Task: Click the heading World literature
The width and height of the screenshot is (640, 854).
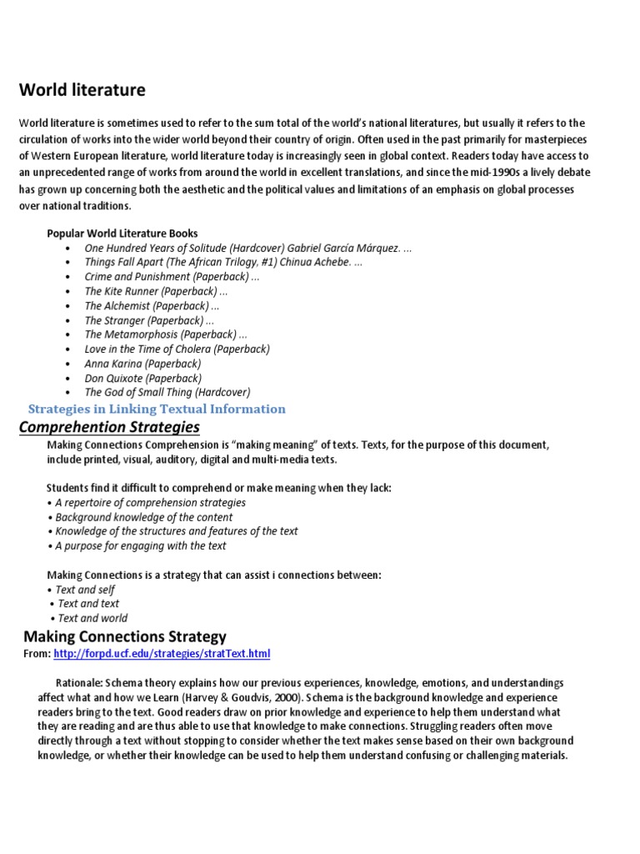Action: click(82, 89)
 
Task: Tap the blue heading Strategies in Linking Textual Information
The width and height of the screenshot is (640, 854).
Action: click(157, 409)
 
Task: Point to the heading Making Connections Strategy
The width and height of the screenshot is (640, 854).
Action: click(124, 636)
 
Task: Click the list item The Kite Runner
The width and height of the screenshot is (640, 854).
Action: click(156, 291)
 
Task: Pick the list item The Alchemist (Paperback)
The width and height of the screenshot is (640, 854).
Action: click(152, 306)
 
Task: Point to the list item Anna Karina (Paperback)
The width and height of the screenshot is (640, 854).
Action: click(142, 364)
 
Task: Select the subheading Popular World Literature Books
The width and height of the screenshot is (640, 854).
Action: click(122, 233)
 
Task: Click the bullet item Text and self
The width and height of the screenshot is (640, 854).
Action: click(85, 590)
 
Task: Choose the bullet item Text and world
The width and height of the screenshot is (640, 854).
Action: click(92, 618)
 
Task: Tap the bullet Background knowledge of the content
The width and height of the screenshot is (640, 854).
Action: click(143, 517)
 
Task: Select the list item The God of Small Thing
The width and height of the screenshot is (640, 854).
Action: click(167, 392)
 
